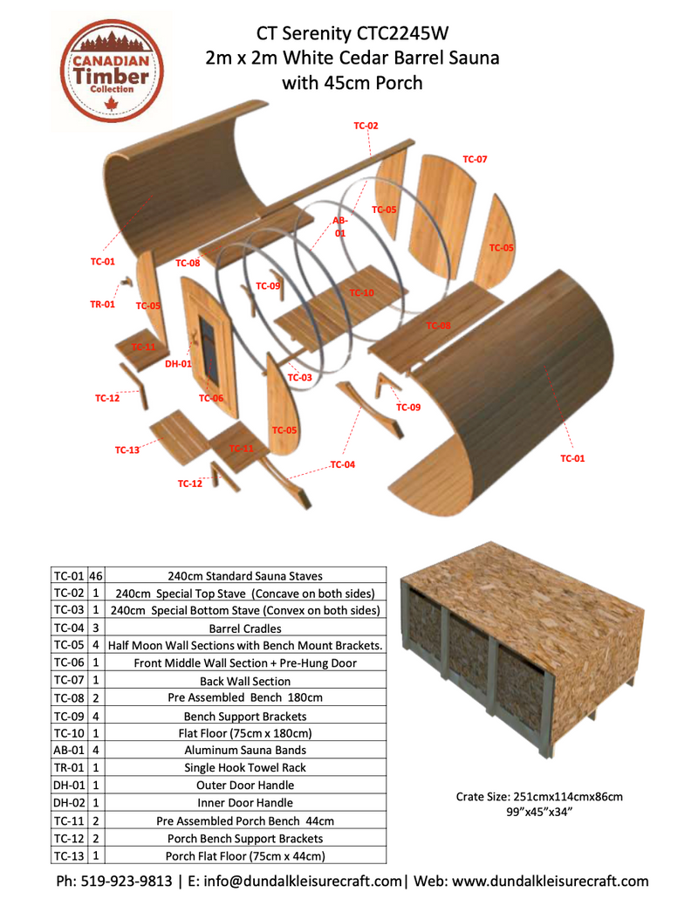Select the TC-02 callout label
[x=366, y=126]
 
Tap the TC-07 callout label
[x=475, y=160]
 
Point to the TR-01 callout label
[x=102, y=305]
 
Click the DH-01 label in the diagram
[x=177, y=363]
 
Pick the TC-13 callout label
[x=127, y=450]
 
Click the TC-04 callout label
[x=343, y=464]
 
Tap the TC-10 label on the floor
[x=361, y=292]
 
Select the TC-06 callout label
[x=210, y=398]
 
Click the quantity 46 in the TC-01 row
[x=96, y=576]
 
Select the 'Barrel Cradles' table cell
[x=245, y=628]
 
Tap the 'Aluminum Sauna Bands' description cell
[x=245, y=751]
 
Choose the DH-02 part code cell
[x=68, y=803]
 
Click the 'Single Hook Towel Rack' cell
[x=245, y=768]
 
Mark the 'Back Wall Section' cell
[x=245, y=681]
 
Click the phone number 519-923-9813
[x=128, y=881]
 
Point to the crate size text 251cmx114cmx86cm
[x=538, y=797]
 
